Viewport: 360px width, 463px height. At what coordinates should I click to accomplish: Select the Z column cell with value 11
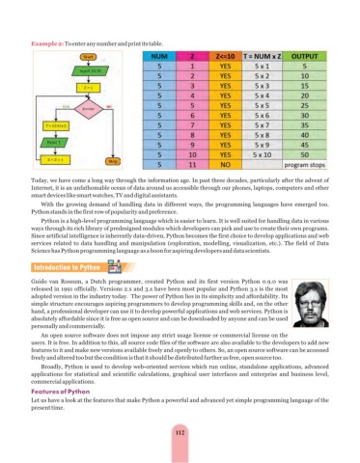194,164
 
